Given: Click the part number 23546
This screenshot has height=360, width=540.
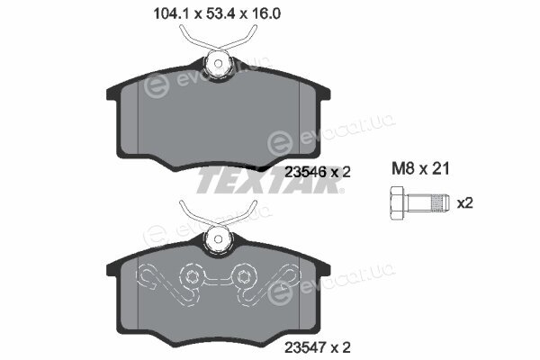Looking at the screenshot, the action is (305, 172).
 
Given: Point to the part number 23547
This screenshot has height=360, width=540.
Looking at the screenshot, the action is (305, 346).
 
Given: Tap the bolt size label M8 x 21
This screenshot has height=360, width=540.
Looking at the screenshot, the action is (420, 169).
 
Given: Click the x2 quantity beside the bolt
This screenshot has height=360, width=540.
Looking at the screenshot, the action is (464, 202).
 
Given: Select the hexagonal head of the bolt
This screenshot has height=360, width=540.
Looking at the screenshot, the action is (398, 202).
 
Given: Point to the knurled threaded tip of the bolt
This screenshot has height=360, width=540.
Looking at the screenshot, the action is (440, 202).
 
